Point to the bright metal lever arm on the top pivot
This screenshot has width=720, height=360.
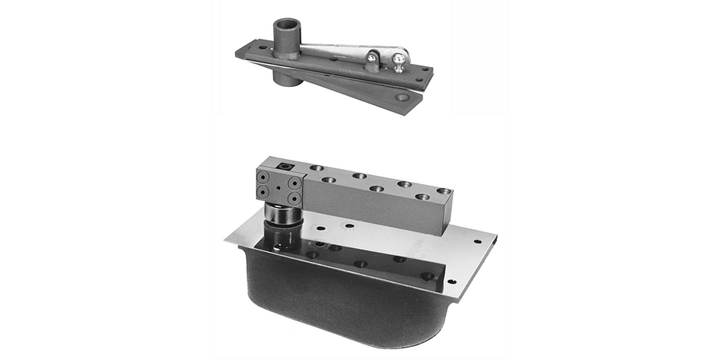tap(342, 52)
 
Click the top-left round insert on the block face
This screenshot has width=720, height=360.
tap(263, 176)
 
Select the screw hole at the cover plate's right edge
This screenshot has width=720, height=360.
tap(477, 242)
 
